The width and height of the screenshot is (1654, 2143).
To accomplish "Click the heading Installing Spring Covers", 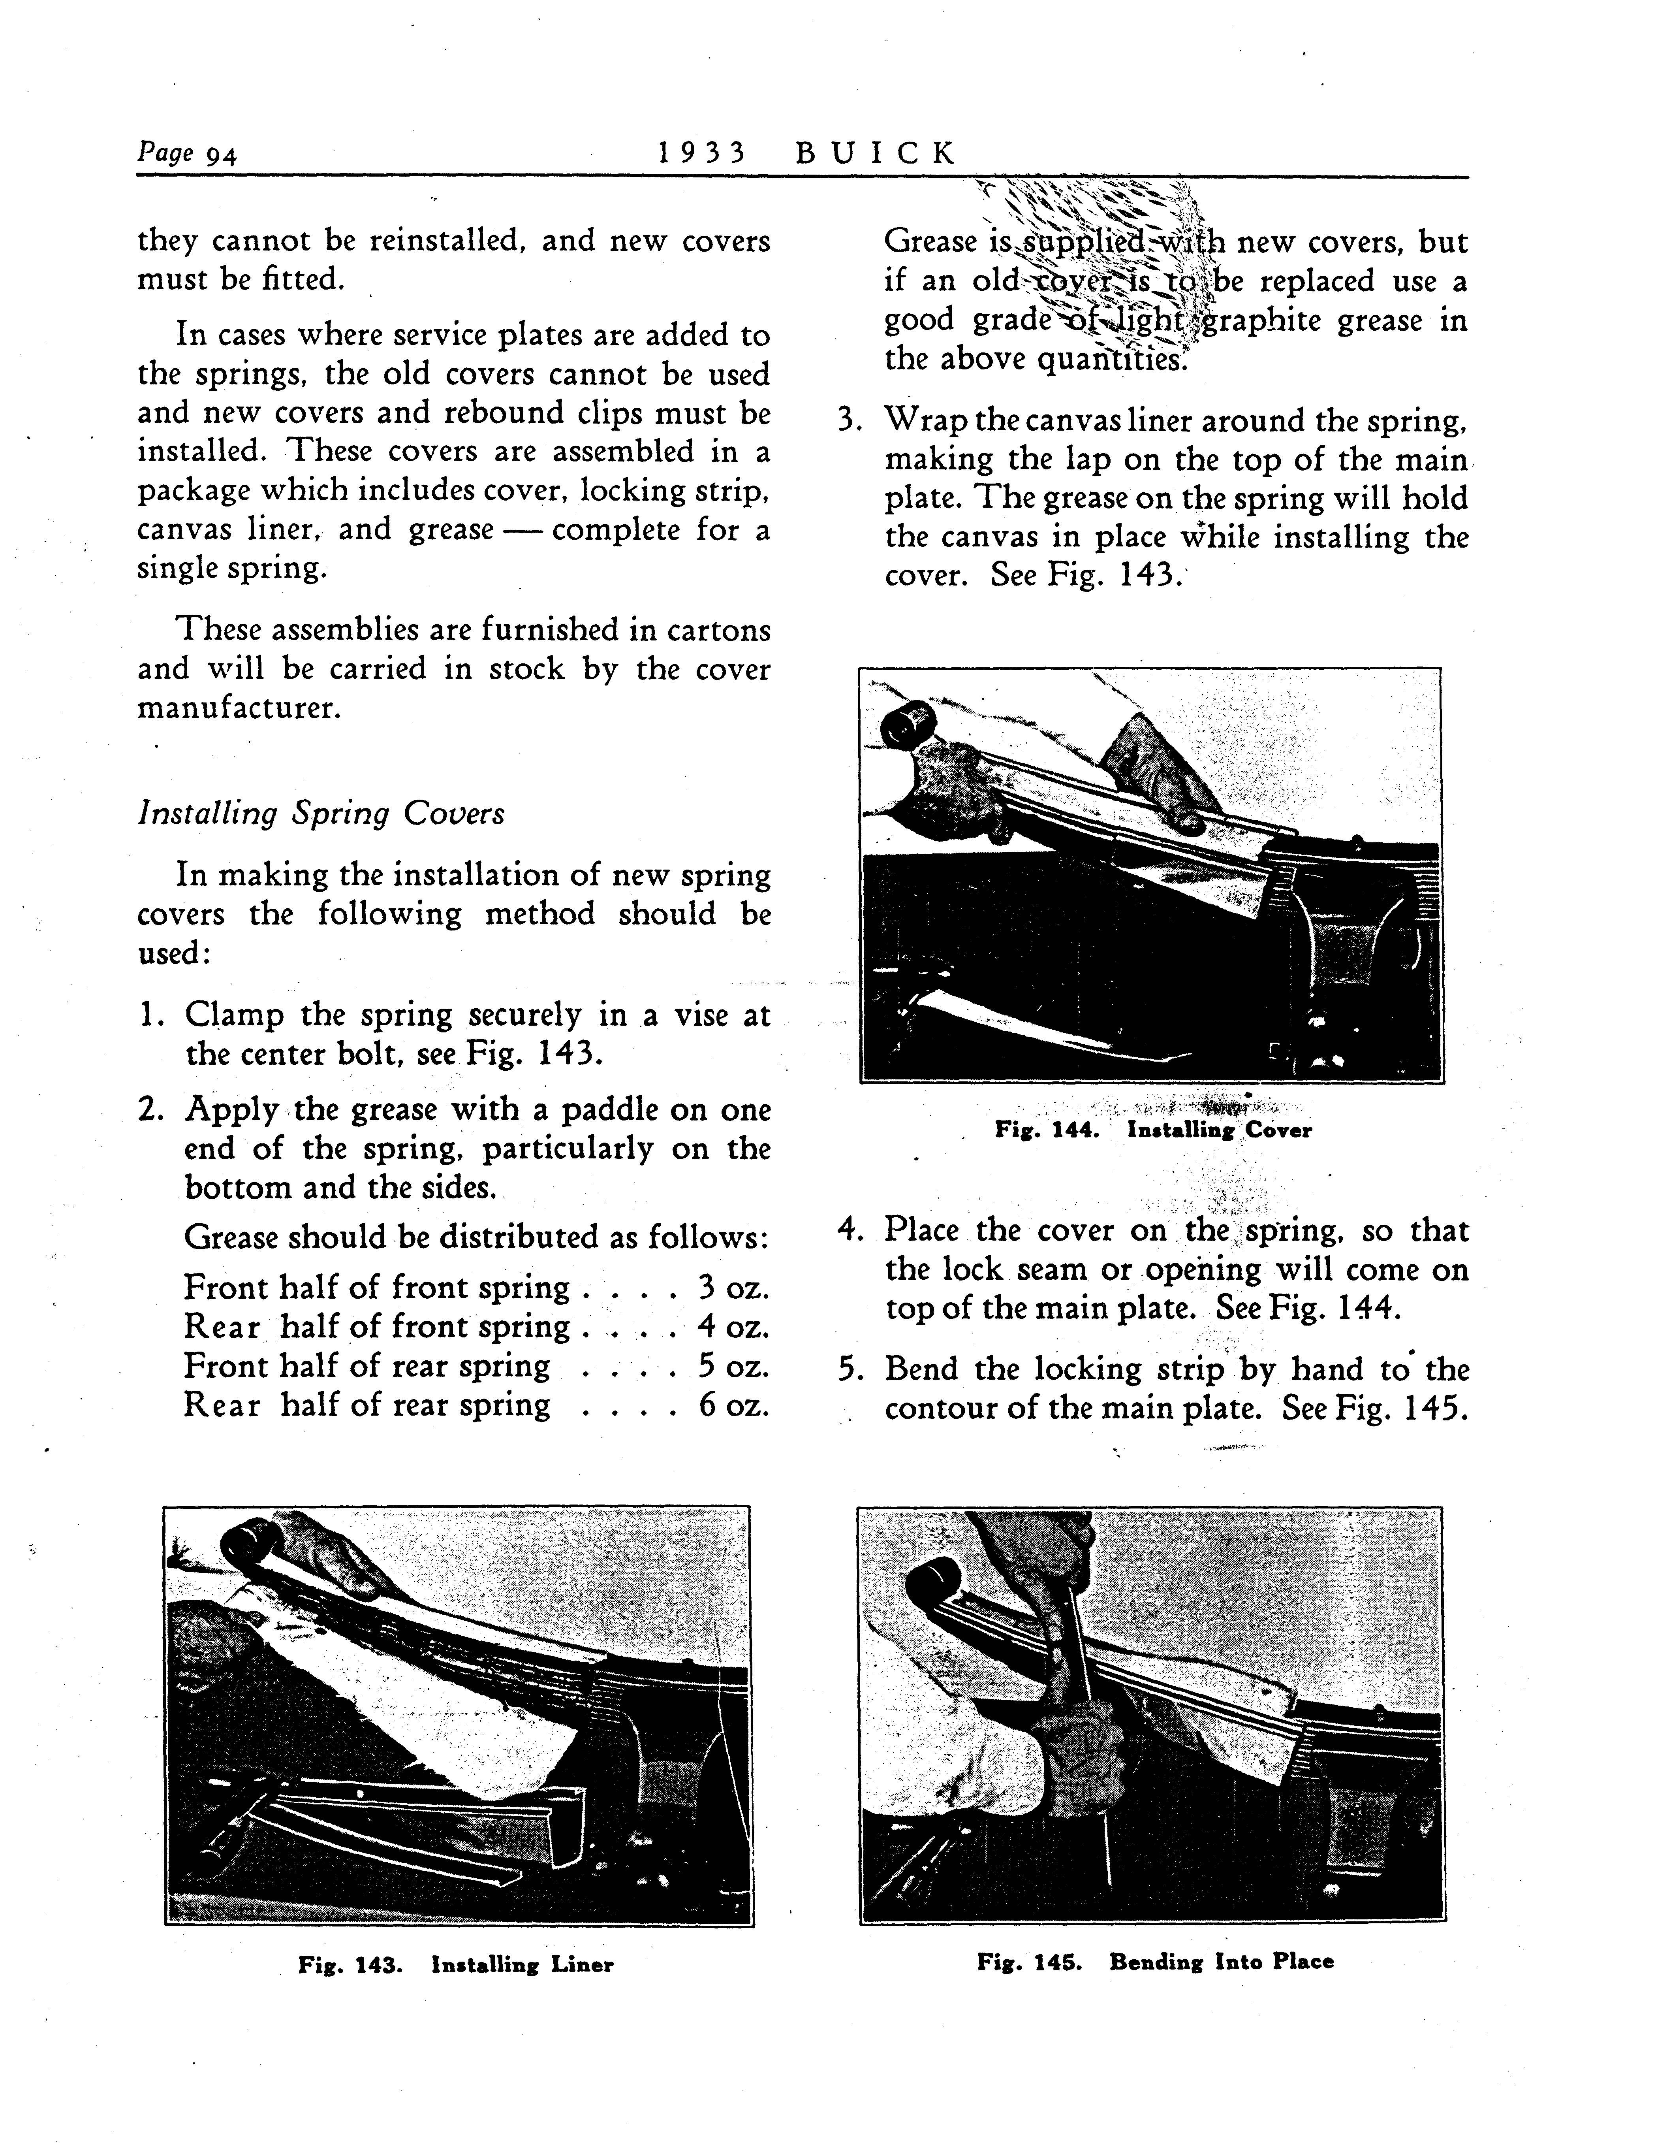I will (x=321, y=814).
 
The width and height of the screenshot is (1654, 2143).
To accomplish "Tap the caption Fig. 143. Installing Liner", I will (x=456, y=1964).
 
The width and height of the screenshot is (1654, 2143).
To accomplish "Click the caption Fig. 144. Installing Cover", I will (x=1153, y=1130).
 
